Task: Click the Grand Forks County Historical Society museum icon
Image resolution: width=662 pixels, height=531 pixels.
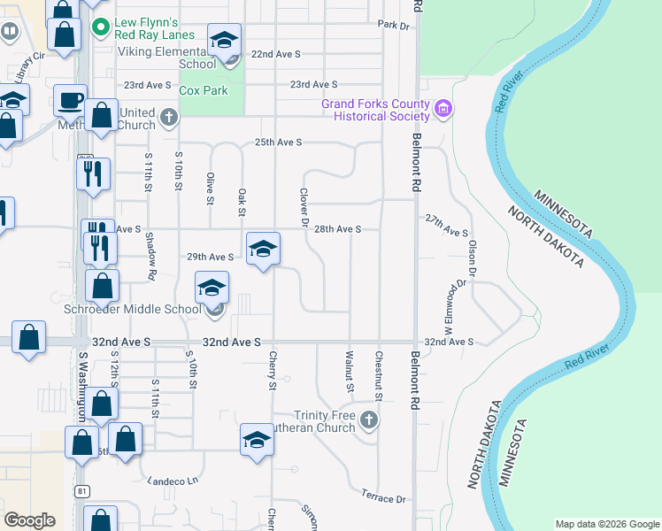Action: click(443, 110)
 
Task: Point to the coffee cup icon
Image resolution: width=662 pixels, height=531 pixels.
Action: click(70, 101)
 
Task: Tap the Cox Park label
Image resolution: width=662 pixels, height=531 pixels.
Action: click(203, 90)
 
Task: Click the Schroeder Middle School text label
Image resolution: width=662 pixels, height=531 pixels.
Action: click(133, 310)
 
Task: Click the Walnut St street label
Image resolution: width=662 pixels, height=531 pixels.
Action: click(349, 373)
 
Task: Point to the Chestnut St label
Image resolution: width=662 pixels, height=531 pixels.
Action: click(378, 373)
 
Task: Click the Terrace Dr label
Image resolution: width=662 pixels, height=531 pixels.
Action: click(383, 497)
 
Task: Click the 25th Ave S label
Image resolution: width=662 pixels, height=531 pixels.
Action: click(279, 142)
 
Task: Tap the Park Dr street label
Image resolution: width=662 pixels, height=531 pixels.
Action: click(394, 26)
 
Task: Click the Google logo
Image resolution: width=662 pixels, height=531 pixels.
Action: click(30, 520)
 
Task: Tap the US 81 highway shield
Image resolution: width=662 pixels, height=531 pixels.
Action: click(82, 490)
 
